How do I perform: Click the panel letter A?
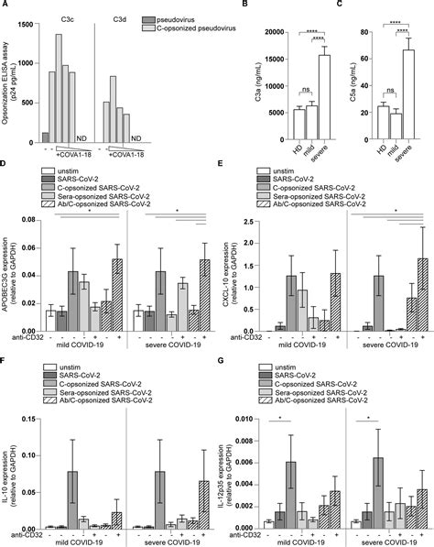tap(6, 7)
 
